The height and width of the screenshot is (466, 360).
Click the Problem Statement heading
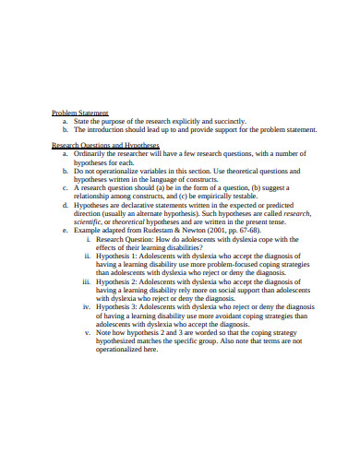click(80, 112)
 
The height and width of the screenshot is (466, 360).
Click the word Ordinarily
click(91, 154)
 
